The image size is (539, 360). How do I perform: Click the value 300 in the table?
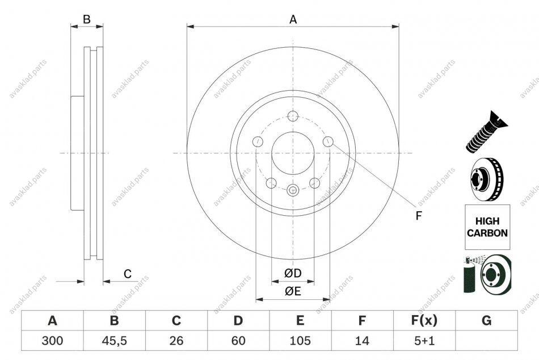click(52, 341)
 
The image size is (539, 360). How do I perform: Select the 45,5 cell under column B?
click(114, 341)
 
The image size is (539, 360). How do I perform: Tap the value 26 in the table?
click(176, 341)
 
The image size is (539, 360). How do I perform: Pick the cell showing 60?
click(238, 341)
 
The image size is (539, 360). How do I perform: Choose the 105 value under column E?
click(300, 341)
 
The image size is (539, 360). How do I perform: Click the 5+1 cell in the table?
click(424, 341)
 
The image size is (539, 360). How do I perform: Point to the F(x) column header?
click(424, 320)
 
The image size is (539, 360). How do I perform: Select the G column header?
click(486, 320)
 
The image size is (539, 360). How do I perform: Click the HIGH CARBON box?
click(487, 227)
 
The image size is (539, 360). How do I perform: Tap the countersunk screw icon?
click(487, 132)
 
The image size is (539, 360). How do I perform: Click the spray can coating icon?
click(487, 274)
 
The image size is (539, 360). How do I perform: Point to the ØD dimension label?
click(293, 273)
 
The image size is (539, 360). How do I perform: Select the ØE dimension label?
click(293, 291)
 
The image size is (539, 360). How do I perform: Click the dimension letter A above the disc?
click(293, 20)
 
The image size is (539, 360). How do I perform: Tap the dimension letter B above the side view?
click(87, 19)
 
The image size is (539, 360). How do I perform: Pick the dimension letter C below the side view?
click(128, 274)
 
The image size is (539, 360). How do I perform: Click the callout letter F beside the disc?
click(418, 216)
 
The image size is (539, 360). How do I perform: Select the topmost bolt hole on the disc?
click(293, 116)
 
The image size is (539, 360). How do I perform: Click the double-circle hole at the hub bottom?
click(293, 190)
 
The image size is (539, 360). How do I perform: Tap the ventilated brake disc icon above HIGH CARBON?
click(487, 179)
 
